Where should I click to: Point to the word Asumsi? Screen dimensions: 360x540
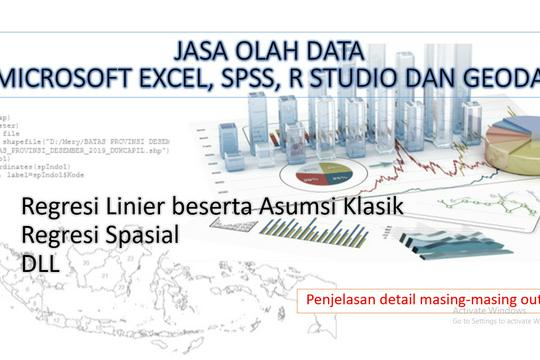[x=300, y=206]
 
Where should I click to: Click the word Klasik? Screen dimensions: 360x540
[x=380, y=206]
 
